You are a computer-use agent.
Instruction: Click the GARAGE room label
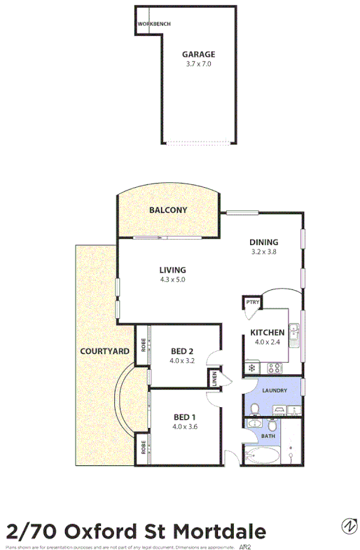coord(198,54)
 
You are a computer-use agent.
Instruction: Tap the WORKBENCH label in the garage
coord(153,23)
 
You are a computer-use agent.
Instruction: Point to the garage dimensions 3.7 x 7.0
coord(198,64)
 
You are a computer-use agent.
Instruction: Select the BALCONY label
coord(167,209)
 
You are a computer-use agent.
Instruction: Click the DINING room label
coord(264,242)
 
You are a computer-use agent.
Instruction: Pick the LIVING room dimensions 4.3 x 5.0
coord(172,280)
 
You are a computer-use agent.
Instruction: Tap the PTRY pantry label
coord(251,303)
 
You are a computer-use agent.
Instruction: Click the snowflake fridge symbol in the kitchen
coord(251,367)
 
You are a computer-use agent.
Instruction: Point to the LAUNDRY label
coord(272,390)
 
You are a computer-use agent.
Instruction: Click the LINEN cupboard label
coord(214,379)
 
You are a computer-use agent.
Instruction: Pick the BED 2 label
coord(181,352)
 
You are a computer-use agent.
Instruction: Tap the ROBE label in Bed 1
coord(143,446)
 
